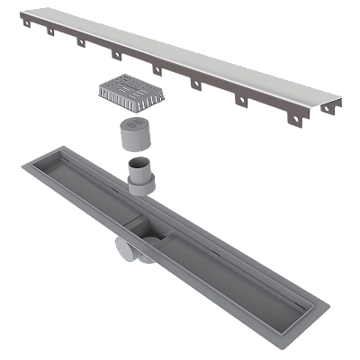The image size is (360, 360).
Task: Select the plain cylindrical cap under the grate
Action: click(x=134, y=135)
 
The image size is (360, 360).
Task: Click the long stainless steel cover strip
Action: click(x=180, y=49)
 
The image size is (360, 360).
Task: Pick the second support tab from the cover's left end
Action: click(x=52, y=37)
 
